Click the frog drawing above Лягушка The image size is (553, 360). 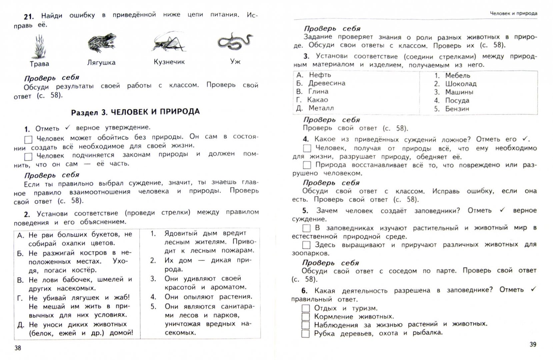pos(102,43)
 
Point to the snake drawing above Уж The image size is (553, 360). pos(235,41)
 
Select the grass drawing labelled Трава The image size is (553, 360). pos(39,47)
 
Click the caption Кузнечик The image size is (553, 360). pos(169,62)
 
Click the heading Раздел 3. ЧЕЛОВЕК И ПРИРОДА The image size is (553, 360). pos(135,112)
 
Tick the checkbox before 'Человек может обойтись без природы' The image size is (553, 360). pos(28,139)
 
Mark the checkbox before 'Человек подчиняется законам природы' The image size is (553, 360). pos(28,157)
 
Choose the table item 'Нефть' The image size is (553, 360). pos(320,75)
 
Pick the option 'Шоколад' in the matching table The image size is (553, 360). pos(461,84)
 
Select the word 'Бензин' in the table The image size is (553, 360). pos(457,109)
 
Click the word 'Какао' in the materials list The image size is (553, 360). pos(317,100)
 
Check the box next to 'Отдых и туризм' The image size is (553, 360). pos(306,308)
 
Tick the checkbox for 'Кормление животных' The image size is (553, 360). pos(306,317)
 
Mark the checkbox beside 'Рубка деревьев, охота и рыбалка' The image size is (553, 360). pos(306,334)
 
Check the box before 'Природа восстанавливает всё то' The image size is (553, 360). pos(307,165)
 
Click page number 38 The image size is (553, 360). pos(18,348)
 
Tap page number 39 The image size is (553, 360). pos(533,344)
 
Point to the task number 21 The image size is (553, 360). pos(29,16)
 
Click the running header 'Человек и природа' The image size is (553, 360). pos(513,14)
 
